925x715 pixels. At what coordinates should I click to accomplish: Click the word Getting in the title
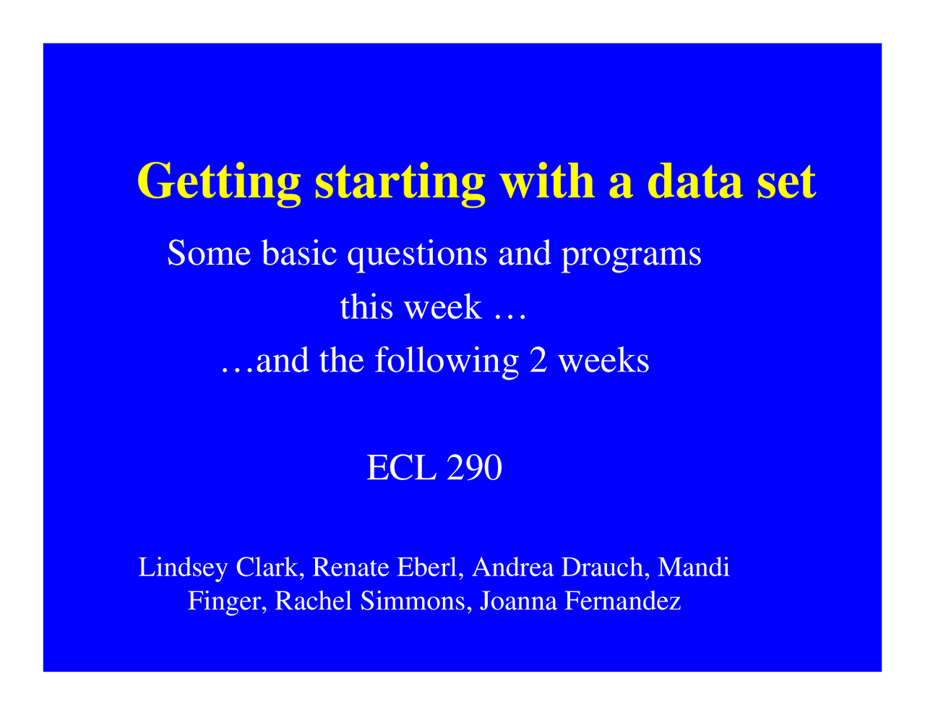(218, 181)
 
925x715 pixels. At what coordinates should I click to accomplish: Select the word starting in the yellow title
(400, 181)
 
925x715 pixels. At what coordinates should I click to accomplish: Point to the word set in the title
(786, 181)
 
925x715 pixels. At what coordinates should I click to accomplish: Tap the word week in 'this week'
(442, 307)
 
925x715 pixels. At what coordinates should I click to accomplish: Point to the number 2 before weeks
(538, 360)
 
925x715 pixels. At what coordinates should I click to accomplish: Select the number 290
(474, 468)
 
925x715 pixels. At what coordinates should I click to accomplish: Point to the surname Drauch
(605, 568)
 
